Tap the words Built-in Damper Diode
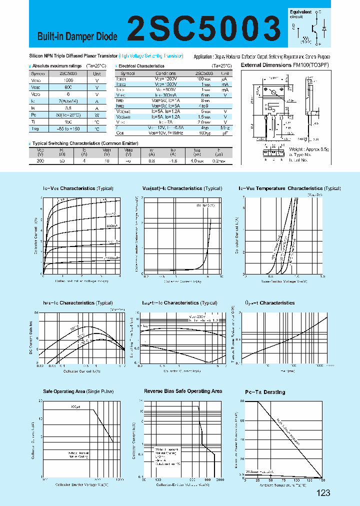(77, 36)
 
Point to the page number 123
(323, 493)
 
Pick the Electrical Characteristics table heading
(141, 65)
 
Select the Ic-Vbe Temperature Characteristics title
(289, 188)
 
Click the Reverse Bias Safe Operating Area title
(183, 391)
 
